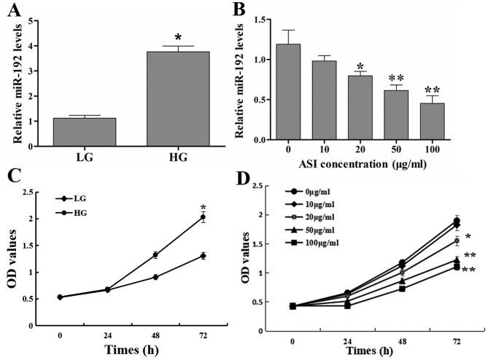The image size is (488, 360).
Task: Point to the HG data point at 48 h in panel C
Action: pos(155,255)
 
